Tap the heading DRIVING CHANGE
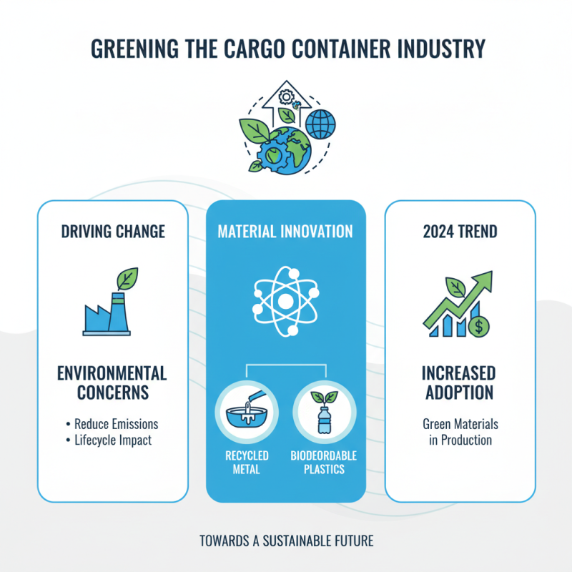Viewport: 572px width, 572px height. coord(113,231)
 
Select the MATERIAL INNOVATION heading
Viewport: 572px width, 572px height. coord(285,231)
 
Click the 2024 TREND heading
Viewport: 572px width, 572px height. coord(460,231)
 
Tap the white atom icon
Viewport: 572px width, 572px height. coord(285,301)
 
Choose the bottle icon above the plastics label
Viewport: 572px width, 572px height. coord(324,415)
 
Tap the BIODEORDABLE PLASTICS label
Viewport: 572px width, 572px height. coord(324,462)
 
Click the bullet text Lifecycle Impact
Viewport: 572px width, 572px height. coord(113,440)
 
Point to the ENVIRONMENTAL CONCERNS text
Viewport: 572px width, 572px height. coord(113,383)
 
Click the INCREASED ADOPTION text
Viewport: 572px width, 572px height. coord(460,383)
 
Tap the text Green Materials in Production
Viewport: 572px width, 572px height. coord(460,432)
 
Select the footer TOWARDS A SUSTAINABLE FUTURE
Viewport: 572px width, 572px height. coord(286,541)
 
